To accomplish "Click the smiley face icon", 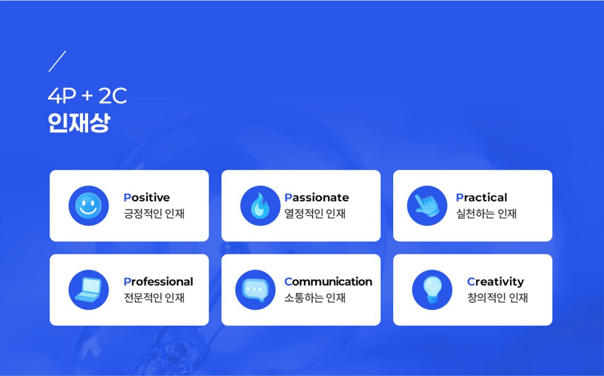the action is click(89, 205).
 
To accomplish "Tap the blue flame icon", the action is click(260, 205).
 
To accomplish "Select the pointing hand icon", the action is click(427, 205).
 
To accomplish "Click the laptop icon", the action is click(89, 290).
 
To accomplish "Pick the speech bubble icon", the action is click(255, 290).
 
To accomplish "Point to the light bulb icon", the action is click(432, 290).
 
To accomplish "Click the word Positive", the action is click(147, 197).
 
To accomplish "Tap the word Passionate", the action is click(316, 197).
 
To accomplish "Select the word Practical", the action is click(481, 197).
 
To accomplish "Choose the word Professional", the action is click(159, 282).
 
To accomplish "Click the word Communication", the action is click(328, 282).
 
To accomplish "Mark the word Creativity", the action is click(496, 282).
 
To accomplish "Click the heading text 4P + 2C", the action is click(88, 96).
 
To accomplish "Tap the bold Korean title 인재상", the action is click(79, 123).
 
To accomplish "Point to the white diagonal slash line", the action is click(57, 61).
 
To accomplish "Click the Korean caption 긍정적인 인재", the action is click(154, 214).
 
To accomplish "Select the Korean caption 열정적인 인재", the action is click(315, 214).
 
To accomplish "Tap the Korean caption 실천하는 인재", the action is click(486, 214).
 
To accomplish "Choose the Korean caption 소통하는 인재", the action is click(315, 298).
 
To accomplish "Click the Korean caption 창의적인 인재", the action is click(498, 298).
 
